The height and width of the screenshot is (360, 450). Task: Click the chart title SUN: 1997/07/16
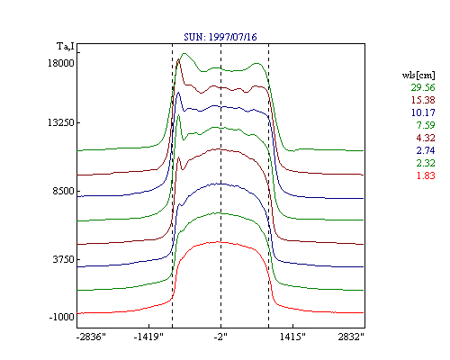(x=220, y=37)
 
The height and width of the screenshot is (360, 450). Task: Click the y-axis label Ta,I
(x=66, y=47)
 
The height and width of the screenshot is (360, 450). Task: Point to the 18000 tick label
(x=61, y=63)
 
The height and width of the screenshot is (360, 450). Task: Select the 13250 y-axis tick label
(x=61, y=122)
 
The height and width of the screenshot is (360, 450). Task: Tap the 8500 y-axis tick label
(x=63, y=191)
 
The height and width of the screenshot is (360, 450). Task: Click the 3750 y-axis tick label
(x=63, y=259)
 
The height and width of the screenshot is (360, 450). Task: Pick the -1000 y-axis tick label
(x=61, y=317)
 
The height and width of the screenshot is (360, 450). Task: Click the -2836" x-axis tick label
(x=91, y=337)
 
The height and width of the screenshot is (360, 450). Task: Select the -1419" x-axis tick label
(x=148, y=337)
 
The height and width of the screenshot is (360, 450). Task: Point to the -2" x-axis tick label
(x=220, y=337)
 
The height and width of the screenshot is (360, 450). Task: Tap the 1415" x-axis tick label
(x=292, y=337)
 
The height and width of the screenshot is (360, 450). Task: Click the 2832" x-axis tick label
(x=351, y=337)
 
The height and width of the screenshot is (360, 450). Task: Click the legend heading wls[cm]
(x=418, y=75)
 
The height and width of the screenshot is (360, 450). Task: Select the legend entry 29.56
(x=423, y=87)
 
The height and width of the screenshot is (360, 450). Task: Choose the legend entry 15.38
(x=423, y=100)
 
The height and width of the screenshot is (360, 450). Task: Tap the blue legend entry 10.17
(x=423, y=112)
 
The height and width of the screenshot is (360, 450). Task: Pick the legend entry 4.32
(x=426, y=138)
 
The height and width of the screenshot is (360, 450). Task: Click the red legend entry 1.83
(x=426, y=175)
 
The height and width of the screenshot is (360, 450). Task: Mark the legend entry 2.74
(x=426, y=150)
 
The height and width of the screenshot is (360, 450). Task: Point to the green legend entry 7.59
(x=426, y=125)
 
